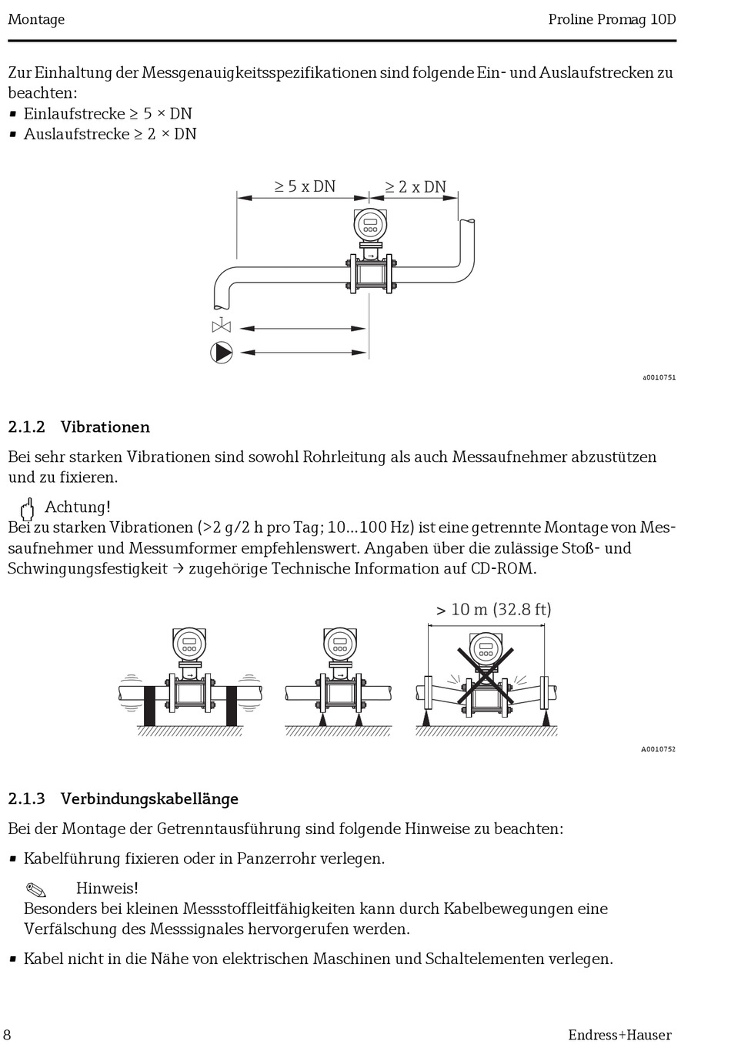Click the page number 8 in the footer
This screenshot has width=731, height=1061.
(x=8, y=1035)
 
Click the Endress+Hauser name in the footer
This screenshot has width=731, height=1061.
(x=619, y=1035)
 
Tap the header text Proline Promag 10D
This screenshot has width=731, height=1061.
(x=612, y=19)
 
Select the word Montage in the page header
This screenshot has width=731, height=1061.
(x=36, y=19)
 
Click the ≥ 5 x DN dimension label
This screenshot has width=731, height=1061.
(x=305, y=186)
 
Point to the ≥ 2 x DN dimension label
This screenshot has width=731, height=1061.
(x=416, y=187)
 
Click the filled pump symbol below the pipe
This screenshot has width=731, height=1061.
(x=222, y=353)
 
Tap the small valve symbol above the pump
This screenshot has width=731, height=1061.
(x=221, y=326)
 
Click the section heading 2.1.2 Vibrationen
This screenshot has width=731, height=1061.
(x=78, y=427)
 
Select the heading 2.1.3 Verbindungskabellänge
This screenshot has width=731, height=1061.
(x=123, y=798)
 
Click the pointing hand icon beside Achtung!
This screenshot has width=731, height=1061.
(x=28, y=508)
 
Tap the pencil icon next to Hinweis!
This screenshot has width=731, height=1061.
(x=36, y=890)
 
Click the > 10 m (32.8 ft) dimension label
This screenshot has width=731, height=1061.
(x=493, y=610)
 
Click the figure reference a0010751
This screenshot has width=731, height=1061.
(x=659, y=377)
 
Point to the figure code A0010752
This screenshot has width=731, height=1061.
(x=658, y=749)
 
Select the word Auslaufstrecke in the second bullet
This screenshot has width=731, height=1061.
(x=76, y=134)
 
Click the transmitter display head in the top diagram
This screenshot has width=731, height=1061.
(x=370, y=226)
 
